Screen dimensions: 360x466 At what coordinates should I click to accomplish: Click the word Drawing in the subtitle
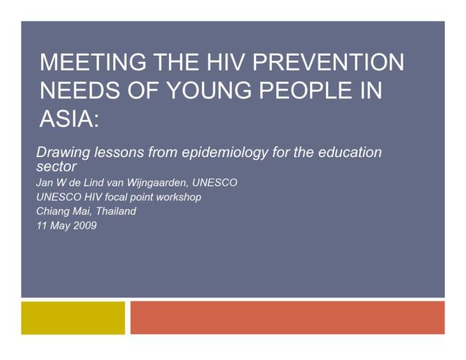62,153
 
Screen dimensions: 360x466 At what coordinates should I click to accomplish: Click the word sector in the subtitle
56,167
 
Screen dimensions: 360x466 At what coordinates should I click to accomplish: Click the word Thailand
116,211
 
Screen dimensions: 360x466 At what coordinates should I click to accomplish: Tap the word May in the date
58,225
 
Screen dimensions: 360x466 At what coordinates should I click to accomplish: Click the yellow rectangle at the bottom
73,318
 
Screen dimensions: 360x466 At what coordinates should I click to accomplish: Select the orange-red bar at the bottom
287,318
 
